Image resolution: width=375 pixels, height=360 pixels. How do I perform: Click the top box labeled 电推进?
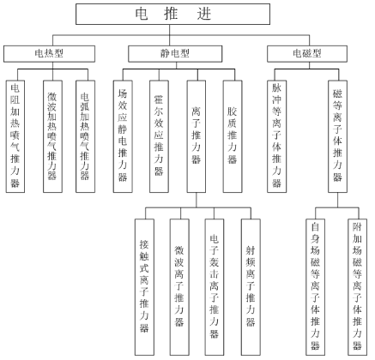coord(172,14)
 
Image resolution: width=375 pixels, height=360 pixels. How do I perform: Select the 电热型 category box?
coord(49,54)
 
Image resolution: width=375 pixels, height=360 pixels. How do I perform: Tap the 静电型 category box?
coord(175,54)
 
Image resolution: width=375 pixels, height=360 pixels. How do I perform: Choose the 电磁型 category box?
coord(307,54)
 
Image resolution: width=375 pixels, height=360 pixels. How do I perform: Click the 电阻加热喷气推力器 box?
coord(15,136)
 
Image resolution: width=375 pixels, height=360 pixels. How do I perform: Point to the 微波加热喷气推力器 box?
coord(52,136)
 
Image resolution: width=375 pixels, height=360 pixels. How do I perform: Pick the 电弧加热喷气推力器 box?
coord(85,136)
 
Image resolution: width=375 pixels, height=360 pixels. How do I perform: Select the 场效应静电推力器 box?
coord(123,136)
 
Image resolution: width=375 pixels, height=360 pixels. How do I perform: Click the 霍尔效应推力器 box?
coord(159,136)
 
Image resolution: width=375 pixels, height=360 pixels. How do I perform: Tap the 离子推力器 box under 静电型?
coord(197,136)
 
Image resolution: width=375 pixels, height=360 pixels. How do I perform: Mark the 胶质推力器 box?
coord(233,136)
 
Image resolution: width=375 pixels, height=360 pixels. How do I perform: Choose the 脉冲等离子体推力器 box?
coord(277,136)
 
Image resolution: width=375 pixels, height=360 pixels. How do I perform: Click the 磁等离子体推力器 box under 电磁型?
coord(338,136)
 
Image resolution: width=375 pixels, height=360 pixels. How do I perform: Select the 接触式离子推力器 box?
coord(144,287)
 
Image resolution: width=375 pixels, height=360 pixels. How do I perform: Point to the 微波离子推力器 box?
coord(179,287)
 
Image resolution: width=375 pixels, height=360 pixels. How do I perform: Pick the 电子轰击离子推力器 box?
coord(215,287)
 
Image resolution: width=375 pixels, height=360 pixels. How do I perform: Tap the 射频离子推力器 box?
coord(251,287)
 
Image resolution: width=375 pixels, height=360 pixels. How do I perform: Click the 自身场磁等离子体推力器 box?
coord(315,287)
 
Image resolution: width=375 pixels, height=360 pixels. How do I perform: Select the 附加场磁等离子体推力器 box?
coord(357,287)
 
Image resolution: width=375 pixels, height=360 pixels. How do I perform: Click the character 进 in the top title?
coord(204,14)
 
